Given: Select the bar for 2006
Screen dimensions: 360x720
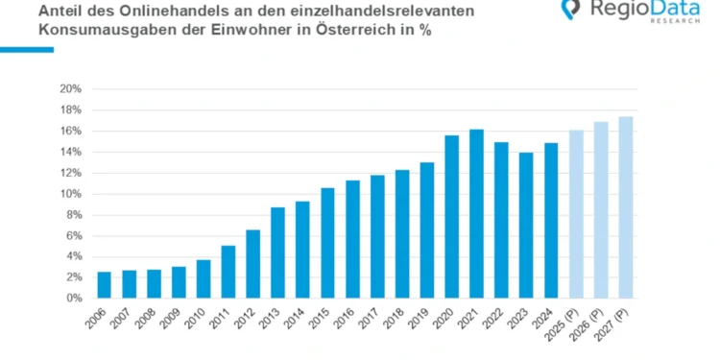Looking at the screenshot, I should (105, 285).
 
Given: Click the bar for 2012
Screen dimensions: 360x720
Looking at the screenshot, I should (253, 264).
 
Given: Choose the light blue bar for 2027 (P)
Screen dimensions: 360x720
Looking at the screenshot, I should (625, 207).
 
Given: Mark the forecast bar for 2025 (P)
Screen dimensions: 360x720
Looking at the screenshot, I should (575, 214).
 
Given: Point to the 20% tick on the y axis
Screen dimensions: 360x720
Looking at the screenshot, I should (71, 89).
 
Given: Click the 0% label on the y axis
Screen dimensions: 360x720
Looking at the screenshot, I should (74, 299).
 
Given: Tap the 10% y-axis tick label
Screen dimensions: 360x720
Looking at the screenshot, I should (71, 194).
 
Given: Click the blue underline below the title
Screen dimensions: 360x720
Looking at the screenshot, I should (27, 48).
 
